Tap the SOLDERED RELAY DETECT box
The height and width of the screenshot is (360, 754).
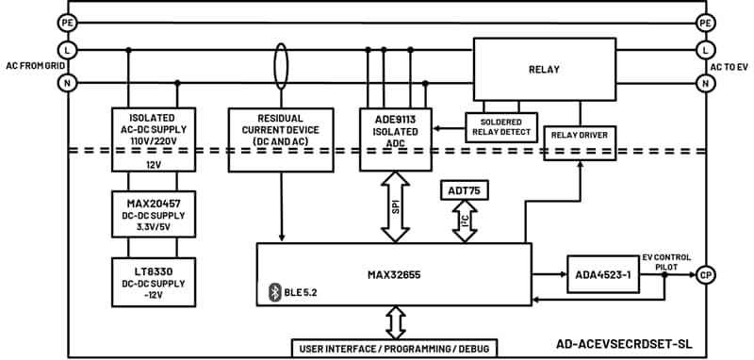click(x=500, y=127)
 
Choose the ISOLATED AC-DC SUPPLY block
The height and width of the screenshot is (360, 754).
click(x=153, y=132)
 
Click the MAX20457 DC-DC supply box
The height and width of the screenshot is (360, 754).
click(x=153, y=214)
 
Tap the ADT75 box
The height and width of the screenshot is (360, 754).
click(x=465, y=190)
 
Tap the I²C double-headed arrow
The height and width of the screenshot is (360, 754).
click(x=465, y=222)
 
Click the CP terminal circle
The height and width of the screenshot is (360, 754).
click(x=704, y=275)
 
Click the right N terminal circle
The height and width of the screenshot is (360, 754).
click(x=704, y=84)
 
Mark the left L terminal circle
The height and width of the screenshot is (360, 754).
click(x=67, y=49)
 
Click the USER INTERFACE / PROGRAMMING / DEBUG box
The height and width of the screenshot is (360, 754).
click(x=395, y=348)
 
